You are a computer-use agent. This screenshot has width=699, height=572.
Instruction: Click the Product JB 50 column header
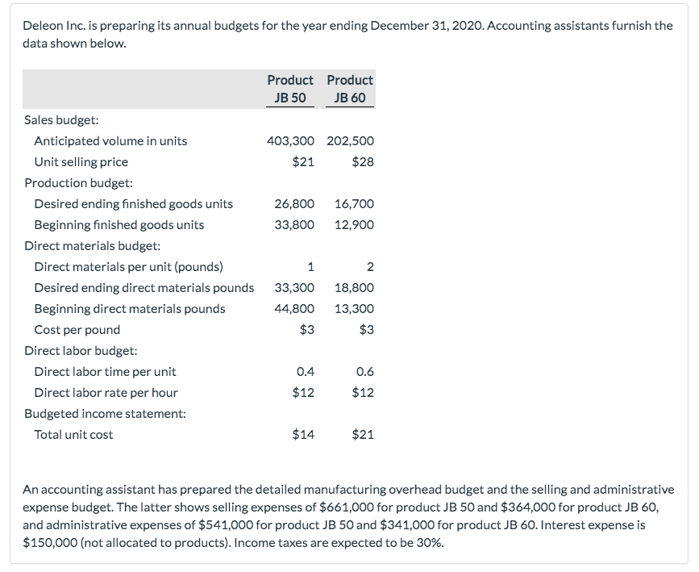pos(290,89)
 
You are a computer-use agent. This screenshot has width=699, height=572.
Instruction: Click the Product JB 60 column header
pos(350,89)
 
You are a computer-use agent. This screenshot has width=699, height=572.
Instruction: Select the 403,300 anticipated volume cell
pos(290,140)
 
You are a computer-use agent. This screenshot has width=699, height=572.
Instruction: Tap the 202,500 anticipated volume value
pos(350,140)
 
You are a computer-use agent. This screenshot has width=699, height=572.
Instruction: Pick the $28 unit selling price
pos(363,161)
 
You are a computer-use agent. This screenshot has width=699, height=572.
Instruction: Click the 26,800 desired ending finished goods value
pos(294,203)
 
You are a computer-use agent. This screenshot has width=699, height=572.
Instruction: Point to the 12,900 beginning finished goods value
pos(354,224)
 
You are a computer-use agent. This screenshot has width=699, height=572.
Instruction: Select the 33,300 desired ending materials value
pos(294,287)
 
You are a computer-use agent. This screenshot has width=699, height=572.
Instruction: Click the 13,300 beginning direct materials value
pos(354,308)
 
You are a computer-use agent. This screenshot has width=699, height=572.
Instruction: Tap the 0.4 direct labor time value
pos(306,372)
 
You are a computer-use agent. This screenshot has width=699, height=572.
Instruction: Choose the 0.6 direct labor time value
pos(364,372)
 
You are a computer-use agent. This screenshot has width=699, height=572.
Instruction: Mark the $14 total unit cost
pos(303,434)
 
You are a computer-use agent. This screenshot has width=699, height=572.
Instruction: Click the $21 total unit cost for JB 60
pos(363,434)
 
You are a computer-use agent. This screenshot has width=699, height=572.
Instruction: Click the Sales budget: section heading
pos(62,119)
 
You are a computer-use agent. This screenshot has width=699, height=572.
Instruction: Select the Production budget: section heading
pos(79,182)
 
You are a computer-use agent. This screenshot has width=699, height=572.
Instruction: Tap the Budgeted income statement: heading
pos(105,413)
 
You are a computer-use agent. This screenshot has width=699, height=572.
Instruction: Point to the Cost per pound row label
pos(77,329)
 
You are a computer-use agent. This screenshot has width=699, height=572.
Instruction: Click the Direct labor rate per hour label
pos(106,392)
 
